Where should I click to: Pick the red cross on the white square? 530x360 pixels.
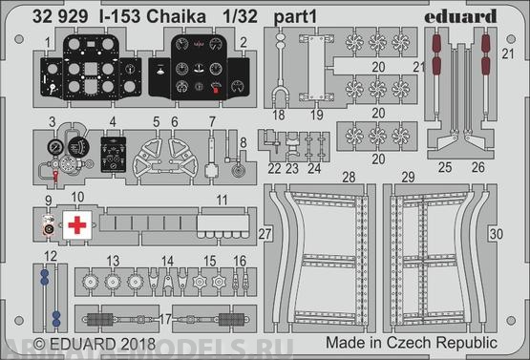pyautogui.click(x=75, y=226)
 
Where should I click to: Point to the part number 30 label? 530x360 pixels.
pyautogui.click(x=494, y=234)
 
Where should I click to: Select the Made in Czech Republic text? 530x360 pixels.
pyautogui.click(x=412, y=343)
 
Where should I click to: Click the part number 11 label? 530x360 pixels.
pyautogui.click(x=221, y=201)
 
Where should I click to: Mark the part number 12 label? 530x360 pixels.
pyautogui.click(x=49, y=256)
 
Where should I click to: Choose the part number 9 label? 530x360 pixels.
pyautogui.click(x=48, y=201)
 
